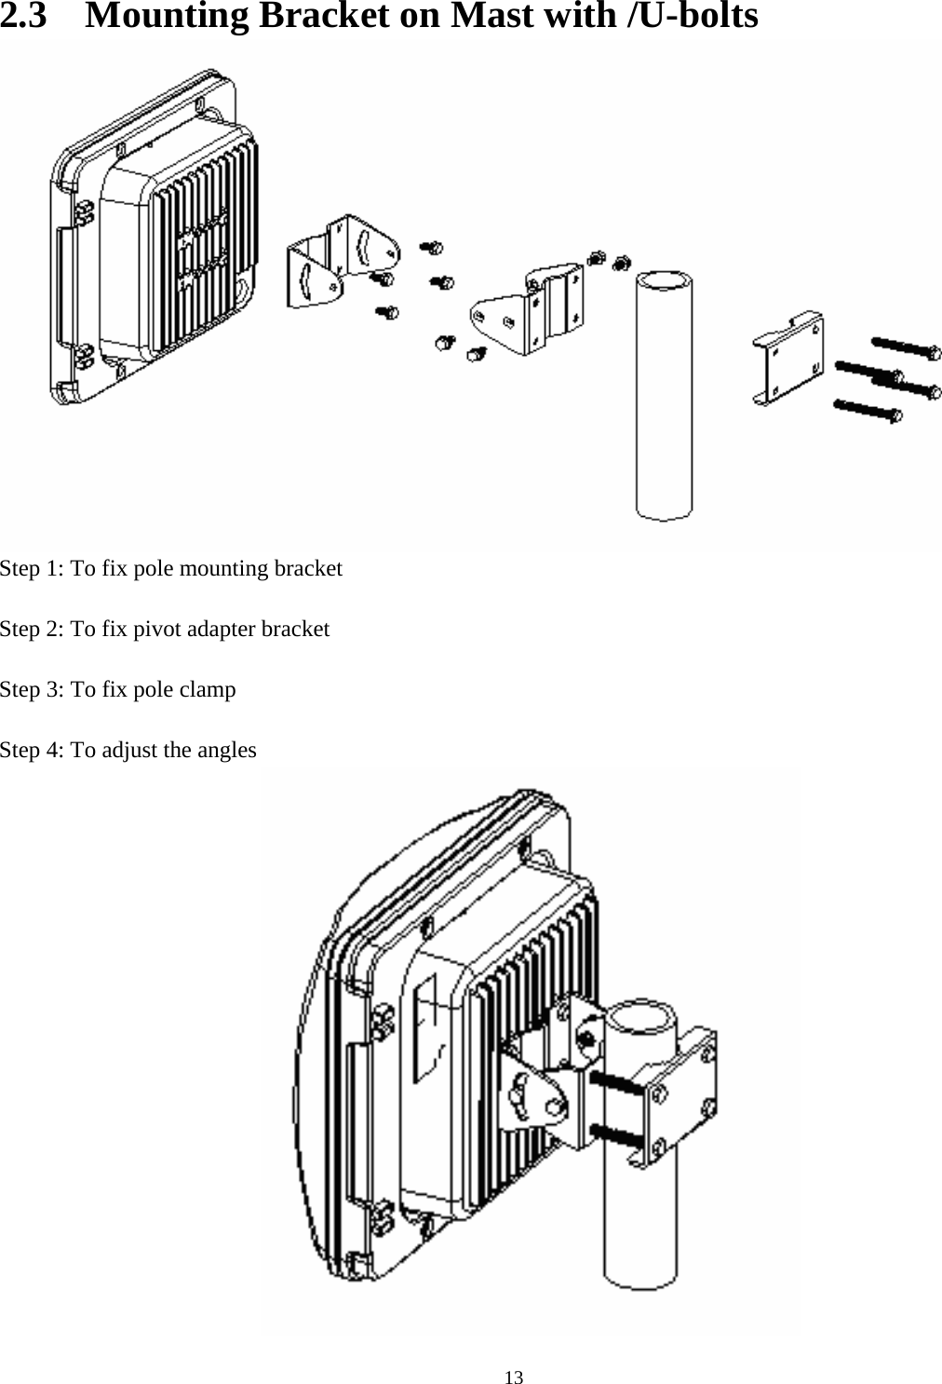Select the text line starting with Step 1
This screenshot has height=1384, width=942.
171,568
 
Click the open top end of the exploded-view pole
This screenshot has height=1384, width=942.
664,280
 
